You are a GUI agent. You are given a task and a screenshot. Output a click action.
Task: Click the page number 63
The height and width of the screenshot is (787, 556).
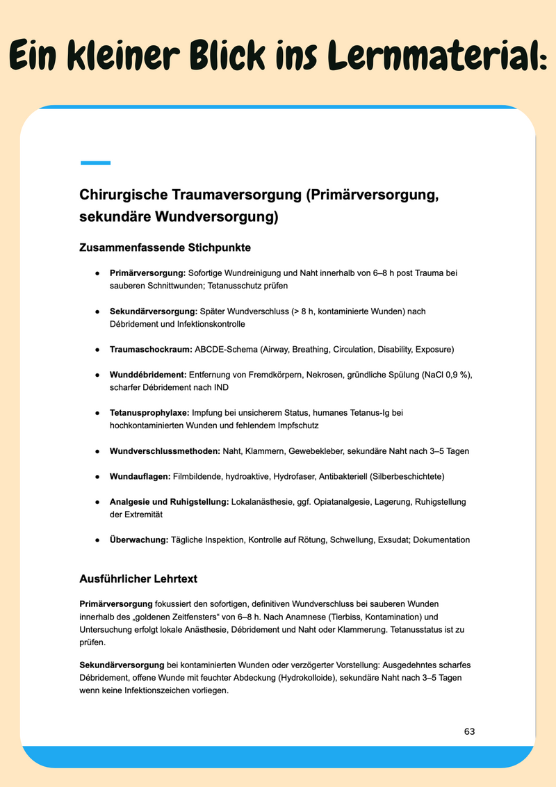tap(470, 731)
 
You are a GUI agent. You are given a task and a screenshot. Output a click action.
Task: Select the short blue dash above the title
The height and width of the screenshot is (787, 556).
tap(95, 163)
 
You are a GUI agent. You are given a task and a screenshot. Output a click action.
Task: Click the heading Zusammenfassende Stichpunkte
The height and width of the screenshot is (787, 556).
tap(165, 247)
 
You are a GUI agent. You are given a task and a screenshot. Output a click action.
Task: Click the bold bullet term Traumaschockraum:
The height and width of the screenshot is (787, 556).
tap(151, 348)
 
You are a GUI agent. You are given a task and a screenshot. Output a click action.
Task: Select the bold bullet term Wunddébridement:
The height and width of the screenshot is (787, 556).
tap(149, 375)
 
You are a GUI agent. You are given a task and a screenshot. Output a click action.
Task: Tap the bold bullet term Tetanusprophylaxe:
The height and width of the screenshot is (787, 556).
tap(149, 413)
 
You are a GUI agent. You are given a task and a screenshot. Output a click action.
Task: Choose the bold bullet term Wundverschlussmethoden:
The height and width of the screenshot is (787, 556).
tap(165, 451)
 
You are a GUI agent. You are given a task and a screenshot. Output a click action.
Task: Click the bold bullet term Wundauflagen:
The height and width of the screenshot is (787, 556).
tap(140, 476)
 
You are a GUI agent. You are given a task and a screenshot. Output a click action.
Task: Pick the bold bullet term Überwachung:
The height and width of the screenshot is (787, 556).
tap(139, 539)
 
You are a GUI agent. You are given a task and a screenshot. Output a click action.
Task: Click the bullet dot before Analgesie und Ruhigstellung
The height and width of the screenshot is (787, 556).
tap(97, 502)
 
